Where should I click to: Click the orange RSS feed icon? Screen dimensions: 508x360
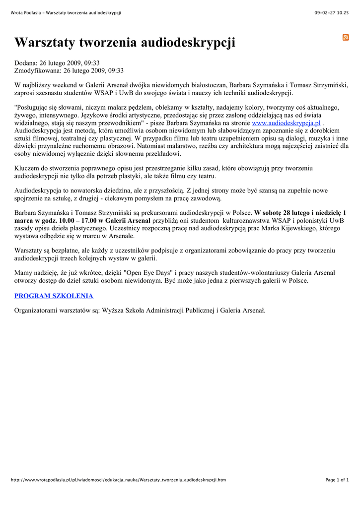click(346, 38)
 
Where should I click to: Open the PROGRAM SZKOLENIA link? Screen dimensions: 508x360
click(54, 296)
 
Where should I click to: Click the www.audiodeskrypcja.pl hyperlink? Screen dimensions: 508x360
click(286, 123)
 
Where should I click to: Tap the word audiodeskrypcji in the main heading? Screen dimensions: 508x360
click(189, 43)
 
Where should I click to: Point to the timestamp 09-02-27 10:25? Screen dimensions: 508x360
click(332, 12)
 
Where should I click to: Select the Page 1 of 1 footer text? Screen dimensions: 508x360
click(337, 480)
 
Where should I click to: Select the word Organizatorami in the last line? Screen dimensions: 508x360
click(40, 311)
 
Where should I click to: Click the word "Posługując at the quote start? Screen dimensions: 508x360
click(34, 107)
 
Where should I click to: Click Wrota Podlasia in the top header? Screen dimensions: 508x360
click(27, 12)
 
